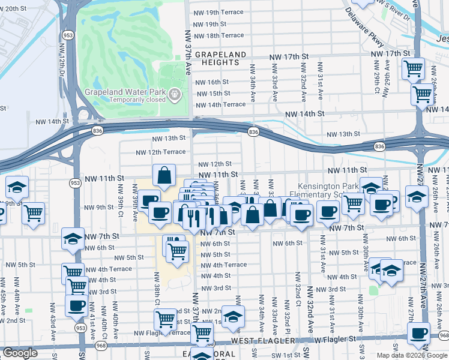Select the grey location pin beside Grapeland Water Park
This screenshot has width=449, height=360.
coord(174,94)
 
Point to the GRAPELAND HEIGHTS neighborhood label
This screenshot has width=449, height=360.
coord(220,58)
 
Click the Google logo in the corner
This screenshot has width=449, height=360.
coord(20,353)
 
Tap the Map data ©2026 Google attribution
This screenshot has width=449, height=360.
coord(411,355)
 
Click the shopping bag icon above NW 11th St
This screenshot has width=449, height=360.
coord(164,176)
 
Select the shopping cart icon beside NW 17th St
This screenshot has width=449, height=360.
coord(412,68)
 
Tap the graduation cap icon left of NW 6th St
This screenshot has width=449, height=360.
coord(73,239)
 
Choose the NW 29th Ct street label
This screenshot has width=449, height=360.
coord(378,85)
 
